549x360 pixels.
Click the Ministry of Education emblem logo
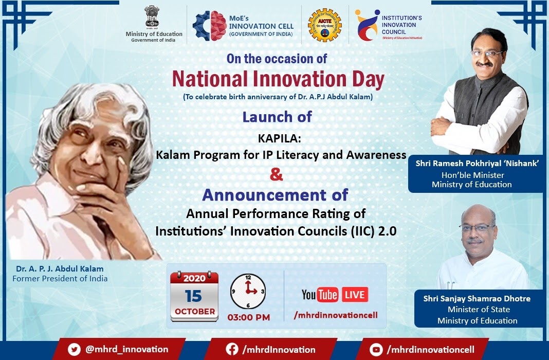(152, 16)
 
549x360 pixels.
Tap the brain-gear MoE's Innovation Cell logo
(209, 26)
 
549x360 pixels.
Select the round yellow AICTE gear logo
(324, 25)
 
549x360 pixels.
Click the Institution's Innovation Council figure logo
(367, 25)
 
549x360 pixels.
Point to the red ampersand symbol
(276, 174)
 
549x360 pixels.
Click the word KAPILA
(279, 138)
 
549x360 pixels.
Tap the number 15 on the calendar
(193, 296)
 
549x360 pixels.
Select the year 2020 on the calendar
(194, 278)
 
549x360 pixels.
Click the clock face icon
(248, 292)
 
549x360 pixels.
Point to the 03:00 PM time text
(249, 318)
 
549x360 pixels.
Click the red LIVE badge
(355, 295)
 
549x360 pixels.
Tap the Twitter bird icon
(74, 350)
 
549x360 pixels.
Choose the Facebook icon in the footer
(232, 350)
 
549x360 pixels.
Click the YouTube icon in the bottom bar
(376, 350)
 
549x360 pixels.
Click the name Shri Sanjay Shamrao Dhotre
(477, 299)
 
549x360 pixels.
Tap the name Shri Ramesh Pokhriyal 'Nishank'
(477, 163)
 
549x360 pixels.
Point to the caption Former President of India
(60, 279)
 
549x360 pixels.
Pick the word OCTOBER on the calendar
(195, 311)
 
